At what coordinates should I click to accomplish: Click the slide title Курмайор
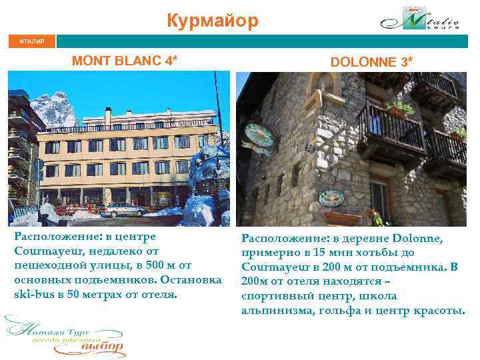(x=212, y=21)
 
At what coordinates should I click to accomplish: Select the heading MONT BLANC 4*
(x=125, y=61)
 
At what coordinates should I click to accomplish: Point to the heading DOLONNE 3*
(x=371, y=61)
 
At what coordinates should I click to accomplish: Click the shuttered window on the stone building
(x=379, y=199)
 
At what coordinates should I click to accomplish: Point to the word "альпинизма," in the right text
(x=273, y=309)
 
